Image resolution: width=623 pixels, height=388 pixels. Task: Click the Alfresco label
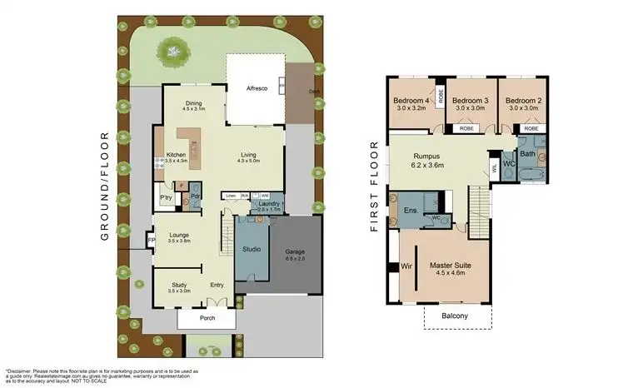coord(255,87)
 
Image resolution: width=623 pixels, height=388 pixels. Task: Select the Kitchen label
coord(176,155)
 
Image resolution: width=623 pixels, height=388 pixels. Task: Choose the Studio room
coord(252,249)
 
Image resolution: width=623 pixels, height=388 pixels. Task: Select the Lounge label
coord(180,236)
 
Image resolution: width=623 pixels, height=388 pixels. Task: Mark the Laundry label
coord(268,203)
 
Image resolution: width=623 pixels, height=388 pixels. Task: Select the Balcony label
coord(454,316)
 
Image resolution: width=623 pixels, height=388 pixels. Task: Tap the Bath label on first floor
coord(528,153)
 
